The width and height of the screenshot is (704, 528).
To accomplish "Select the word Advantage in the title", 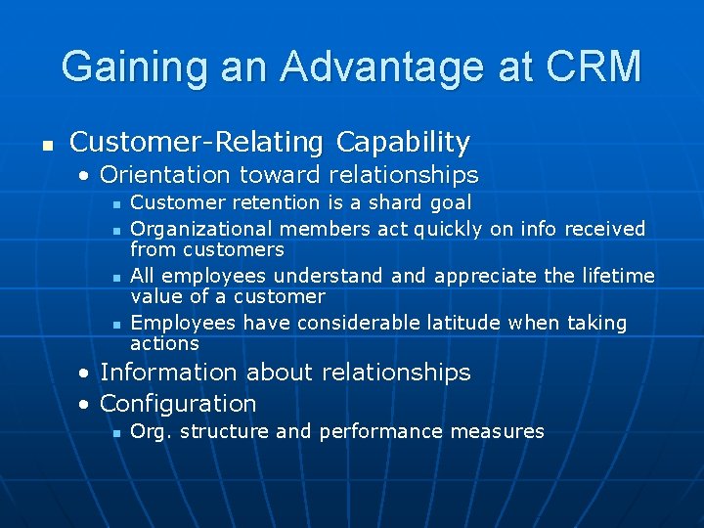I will (382, 66).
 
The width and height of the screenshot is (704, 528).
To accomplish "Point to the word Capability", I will (403, 143).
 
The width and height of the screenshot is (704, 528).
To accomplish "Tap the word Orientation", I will (161, 175).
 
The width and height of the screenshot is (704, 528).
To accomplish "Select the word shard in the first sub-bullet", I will (399, 202).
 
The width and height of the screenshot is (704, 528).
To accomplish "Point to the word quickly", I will (448, 229).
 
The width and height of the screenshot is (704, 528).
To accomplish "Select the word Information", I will (169, 373).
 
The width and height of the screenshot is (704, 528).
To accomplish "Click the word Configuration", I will (178, 403).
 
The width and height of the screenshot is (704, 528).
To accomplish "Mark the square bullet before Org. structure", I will (115, 432).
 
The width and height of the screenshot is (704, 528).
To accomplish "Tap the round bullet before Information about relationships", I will (87, 374).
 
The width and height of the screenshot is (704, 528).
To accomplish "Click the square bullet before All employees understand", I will (115, 277).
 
